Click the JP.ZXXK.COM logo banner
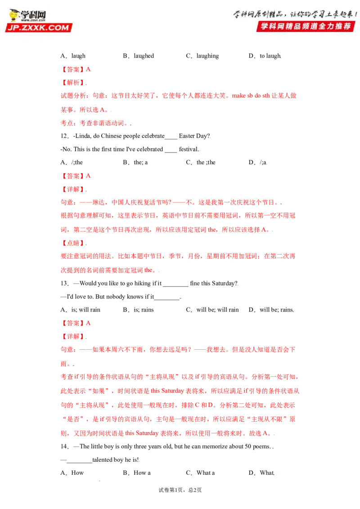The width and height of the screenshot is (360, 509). click(39, 27)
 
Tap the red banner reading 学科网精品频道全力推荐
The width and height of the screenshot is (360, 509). click(306, 26)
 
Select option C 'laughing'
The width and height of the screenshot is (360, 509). click(202, 56)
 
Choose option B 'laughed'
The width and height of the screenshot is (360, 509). click(139, 56)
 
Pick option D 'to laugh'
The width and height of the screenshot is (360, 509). click(265, 56)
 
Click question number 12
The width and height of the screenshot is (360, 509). click(65, 136)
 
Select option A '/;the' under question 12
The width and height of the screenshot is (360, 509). click(72, 162)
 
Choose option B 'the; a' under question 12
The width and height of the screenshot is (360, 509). click(135, 162)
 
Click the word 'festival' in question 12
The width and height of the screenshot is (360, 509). click(188, 149)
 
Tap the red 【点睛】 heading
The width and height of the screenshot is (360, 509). click(73, 243)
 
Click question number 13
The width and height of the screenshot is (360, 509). click(65, 283)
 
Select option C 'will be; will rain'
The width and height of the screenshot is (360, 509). click(212, 310)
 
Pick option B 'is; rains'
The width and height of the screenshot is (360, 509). click(139, 310)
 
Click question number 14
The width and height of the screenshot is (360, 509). click(65, 446)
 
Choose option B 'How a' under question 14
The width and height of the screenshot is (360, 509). click(137, 473)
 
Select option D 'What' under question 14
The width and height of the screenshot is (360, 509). click(261, 473)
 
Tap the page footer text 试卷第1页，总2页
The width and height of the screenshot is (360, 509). click(180, 490)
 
